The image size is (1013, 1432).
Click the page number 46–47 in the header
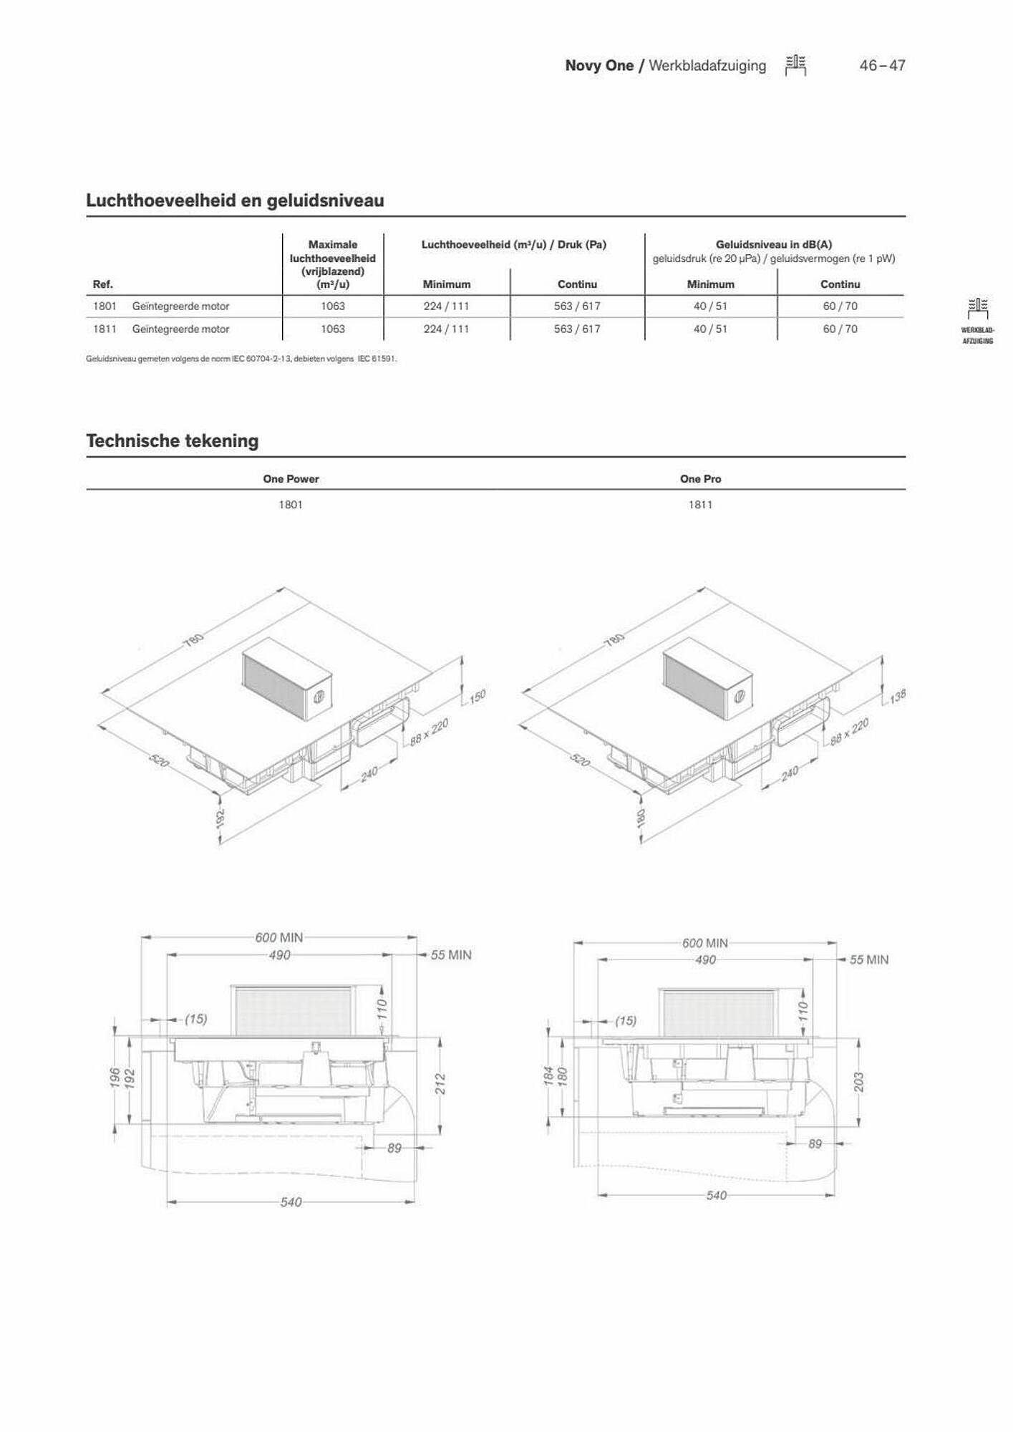(882, 66)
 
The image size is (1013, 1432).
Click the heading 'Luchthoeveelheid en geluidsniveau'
(235, 200)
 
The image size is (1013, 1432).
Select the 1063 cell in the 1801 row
(333, 306)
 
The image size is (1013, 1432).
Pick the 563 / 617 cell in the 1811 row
(577, 329)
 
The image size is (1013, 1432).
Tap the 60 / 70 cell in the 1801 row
(840, 306)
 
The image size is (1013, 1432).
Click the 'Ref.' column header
(103, 284)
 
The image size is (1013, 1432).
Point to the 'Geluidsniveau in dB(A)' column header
(774, 244)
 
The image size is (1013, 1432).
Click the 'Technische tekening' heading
(173, 440)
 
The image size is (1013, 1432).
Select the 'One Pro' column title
(700, 479)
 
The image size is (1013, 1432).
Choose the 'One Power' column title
(291, 479)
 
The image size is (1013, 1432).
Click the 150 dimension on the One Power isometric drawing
(477, 695)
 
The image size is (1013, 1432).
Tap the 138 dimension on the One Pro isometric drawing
(898, 695)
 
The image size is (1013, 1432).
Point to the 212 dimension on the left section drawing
(441, 1084)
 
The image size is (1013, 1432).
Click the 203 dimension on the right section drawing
(859, 1082)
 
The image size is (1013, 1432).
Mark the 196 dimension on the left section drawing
(115, 1078)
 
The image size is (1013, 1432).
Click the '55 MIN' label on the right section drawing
(869, 960)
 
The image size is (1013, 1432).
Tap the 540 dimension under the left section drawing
(291, 1202)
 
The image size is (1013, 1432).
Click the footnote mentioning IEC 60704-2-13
(241, 359)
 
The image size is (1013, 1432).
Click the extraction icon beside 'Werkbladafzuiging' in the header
(795, 65)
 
